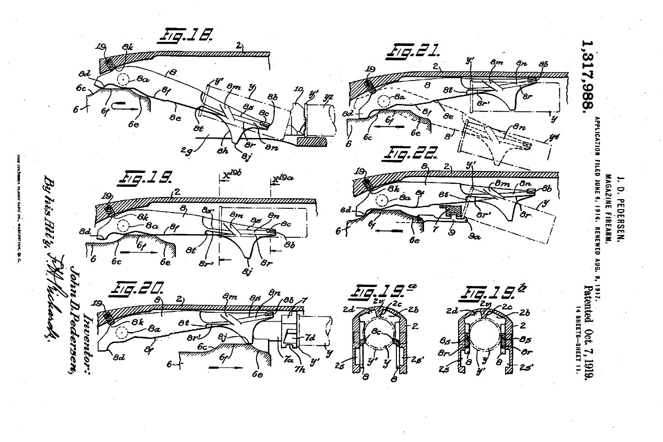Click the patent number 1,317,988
pyautogui.click(x=586, y=75)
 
